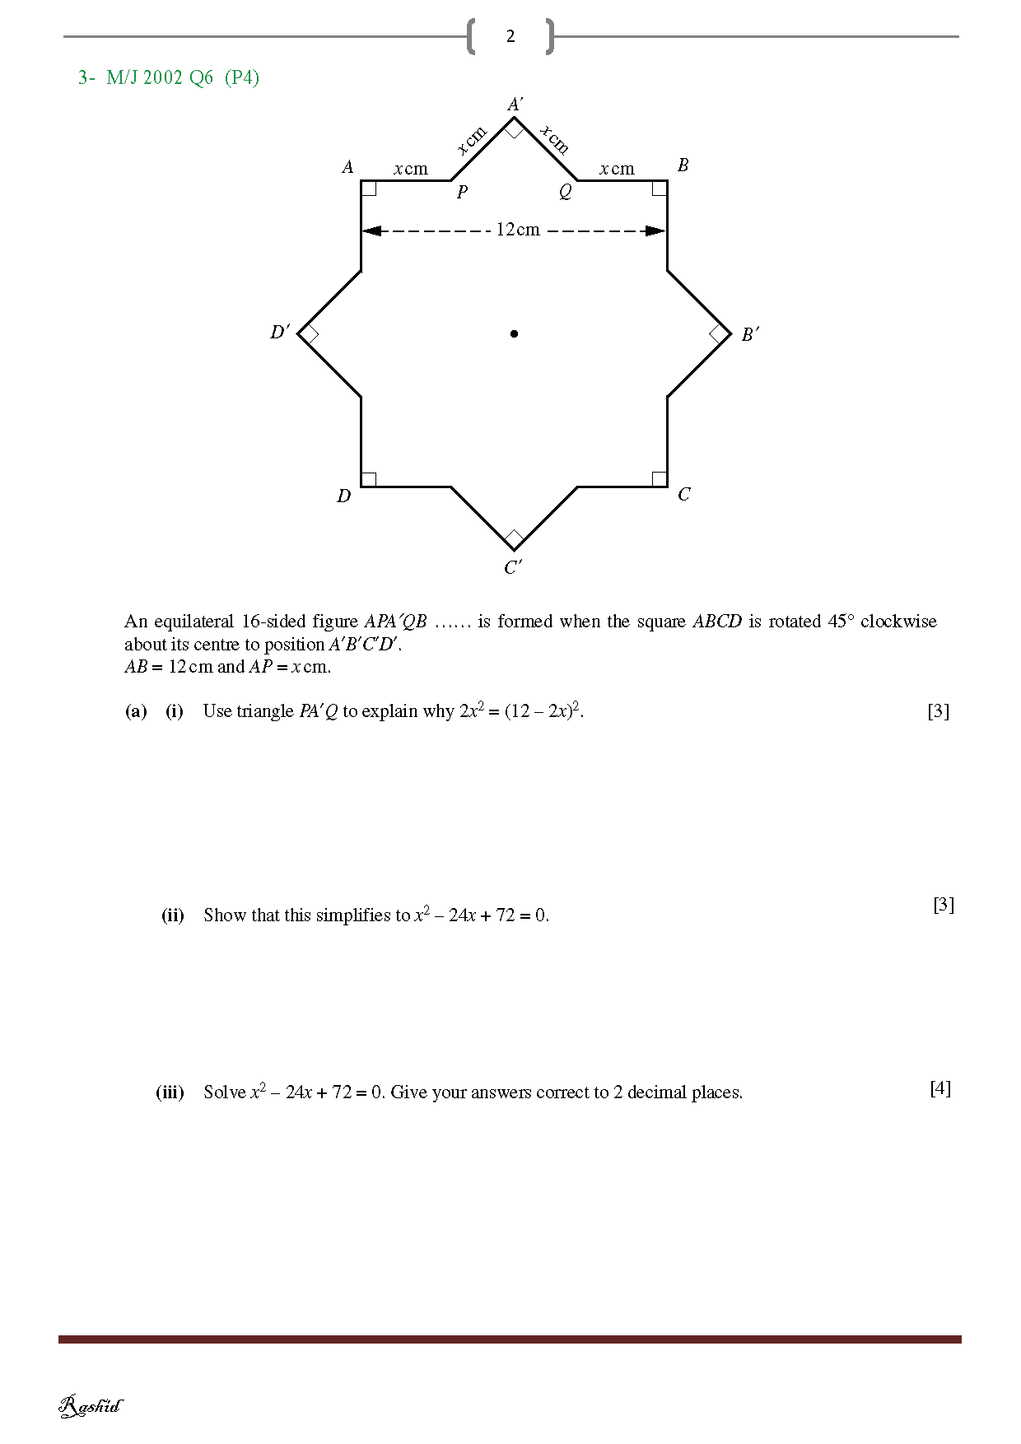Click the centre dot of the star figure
point(514,333)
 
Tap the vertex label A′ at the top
point(515,105)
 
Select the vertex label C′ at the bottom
point(513,567)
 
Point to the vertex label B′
point(749,334)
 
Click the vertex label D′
point(280,332)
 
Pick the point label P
point(462,192)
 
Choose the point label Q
point(565,192)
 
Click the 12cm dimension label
point(518,230)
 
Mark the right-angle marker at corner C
point(660,478)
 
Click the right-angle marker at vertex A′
point(515,128)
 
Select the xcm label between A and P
point(411,169)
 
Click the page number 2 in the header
point(510,36)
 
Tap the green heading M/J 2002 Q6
point(160,77)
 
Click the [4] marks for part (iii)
point(940,1088)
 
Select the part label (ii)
point(172,915)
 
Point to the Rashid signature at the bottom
point(91,1406)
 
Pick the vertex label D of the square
point(343,496)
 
